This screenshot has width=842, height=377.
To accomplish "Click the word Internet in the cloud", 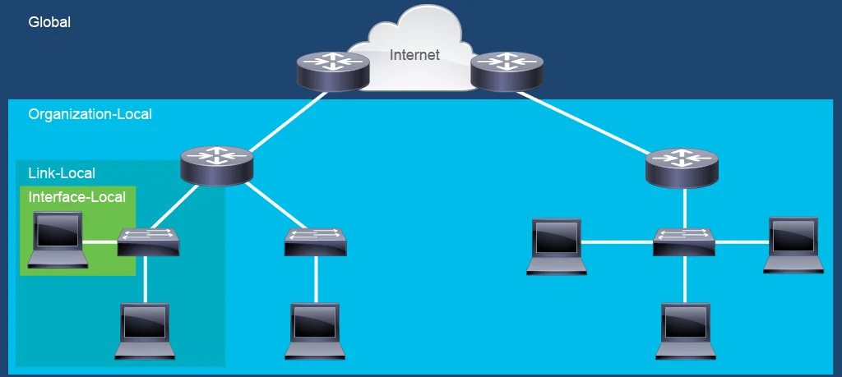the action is tap(414, 55).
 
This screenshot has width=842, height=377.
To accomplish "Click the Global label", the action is tap(49, 22).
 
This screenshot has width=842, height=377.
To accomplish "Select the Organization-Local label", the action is tap(90, 114).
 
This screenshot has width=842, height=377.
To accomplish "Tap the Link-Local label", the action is tap(62, 173).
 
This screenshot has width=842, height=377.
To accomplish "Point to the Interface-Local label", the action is tap(76, 197).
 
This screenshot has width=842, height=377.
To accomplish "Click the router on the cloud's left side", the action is tap(334, 71).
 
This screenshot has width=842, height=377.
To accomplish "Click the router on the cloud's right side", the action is tap(507, 71).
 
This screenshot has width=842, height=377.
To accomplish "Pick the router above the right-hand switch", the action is tap(682, 168).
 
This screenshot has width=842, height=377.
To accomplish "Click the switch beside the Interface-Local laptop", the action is tap(148, 241).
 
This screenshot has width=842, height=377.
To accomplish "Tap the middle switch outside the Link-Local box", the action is tap(316, 241).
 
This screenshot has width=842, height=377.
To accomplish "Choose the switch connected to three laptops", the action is tap(684, 241).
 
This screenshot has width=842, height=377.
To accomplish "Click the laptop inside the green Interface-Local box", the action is tap(58, 240).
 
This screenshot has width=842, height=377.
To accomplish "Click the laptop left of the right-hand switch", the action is tap(557, 246).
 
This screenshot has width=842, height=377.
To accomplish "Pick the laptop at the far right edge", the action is tap(793, 245).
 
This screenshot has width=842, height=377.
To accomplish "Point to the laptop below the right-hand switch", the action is tap(686, 331).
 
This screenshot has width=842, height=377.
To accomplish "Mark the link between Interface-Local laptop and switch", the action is tap(100, 241).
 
